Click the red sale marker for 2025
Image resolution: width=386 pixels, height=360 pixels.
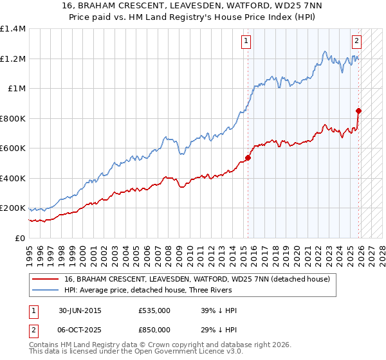(359, 111)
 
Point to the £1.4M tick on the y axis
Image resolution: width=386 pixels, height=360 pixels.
(13, 29)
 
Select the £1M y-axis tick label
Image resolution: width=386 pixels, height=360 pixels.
(15, 89)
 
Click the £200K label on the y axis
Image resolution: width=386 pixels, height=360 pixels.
(13, 208)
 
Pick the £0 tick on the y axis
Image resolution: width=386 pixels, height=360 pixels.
(19, 238)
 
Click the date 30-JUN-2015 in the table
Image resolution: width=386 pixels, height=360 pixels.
(80, 310)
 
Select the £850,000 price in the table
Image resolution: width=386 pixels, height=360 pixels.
(154, 329)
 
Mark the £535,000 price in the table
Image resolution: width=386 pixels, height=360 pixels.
(154, 310)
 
